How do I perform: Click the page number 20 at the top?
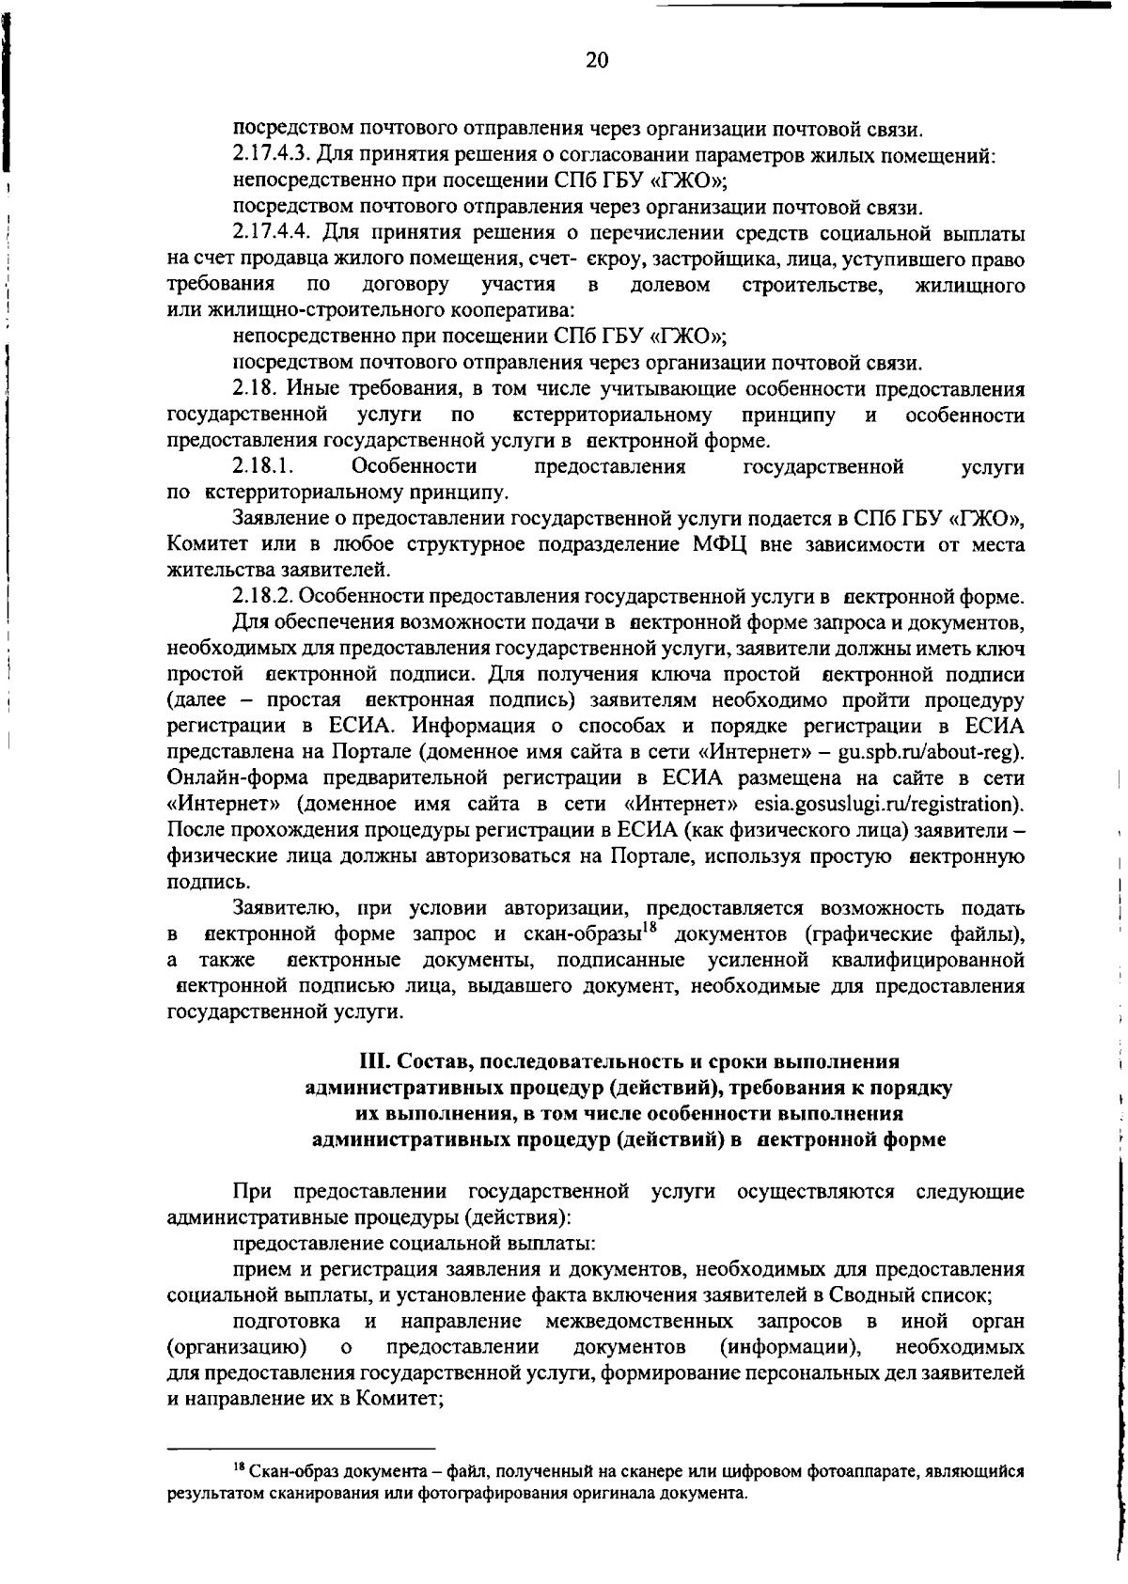(597, 61)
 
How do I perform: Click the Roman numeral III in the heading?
(376, 1061)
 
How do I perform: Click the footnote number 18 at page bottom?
(239, 1468)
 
